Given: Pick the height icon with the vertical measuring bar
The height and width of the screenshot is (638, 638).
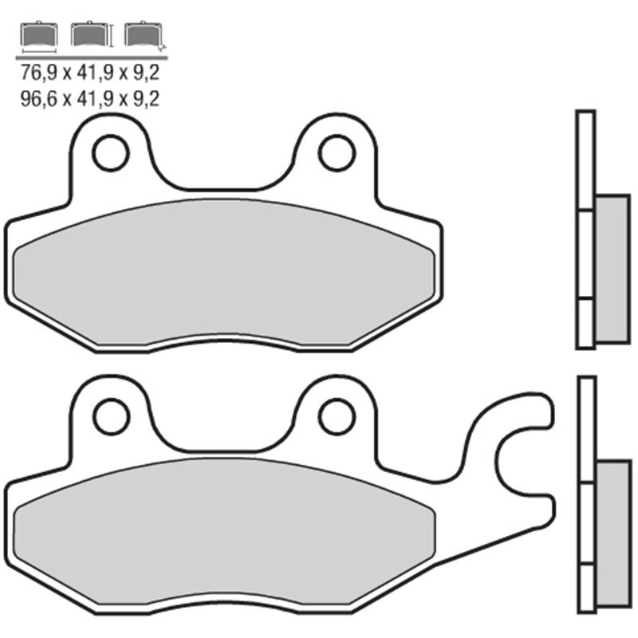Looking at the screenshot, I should pyautogui.click(x=89, y=37).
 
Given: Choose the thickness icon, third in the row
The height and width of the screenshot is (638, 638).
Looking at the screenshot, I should pyautogui.click(x=142, y=37).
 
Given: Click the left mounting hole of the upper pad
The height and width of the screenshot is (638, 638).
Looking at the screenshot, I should pyautogui.click(x=110, y=153).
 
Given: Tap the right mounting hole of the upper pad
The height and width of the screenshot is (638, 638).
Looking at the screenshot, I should pyautogui.click(x=336, y=152).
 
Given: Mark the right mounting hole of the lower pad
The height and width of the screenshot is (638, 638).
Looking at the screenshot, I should pyautogui.click(x=337, y=415).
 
